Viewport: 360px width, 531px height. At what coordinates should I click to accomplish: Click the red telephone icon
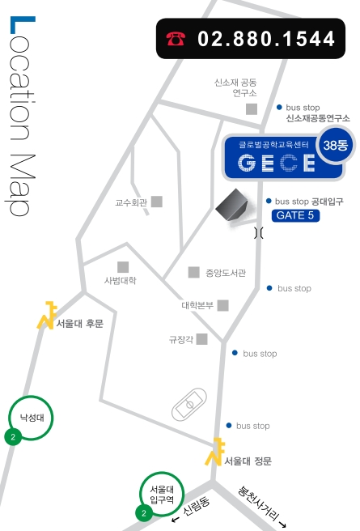(x=176, y=39)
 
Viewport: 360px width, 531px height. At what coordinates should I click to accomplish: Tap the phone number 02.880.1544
(x=266, y=39)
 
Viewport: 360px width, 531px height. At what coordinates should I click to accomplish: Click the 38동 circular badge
(x=335, y=145)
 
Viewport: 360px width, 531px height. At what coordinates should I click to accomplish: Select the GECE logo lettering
(x=277, y=163)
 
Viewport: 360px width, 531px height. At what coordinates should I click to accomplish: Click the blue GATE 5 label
(x=295, y=215)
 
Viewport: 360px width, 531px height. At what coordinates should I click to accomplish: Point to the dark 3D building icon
(x=231, y=205)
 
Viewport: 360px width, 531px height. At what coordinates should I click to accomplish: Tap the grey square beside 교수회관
(x=157, y=202)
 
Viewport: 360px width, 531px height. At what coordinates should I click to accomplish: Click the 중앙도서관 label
(x=226, y=273)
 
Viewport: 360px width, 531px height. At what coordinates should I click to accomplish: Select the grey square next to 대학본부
(x=223, y=305)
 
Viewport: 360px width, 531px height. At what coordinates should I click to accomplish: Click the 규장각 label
(x=181, y=339)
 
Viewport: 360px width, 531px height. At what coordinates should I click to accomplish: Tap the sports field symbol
(x=189, y=405)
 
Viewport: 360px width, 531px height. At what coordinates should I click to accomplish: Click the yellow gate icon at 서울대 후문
(x=47, y=315)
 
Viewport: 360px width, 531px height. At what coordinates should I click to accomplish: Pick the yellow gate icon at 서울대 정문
(x=214, y=452)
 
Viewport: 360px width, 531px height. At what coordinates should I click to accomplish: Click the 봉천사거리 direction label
(x=261, y=506)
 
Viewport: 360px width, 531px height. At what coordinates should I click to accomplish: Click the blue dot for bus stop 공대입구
(x=269, y=202)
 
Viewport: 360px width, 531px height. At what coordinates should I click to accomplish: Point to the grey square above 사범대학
(x=123, y=267)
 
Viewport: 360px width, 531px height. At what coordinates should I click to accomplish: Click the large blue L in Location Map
(x=23, y=25)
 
